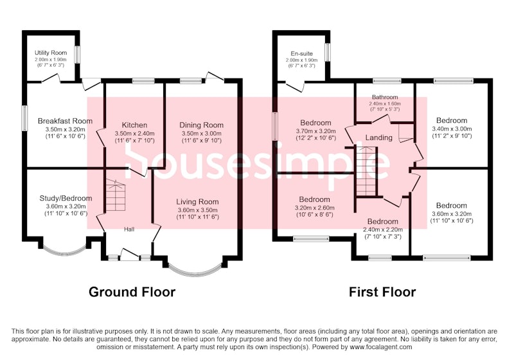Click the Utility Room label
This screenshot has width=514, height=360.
click(51, 53)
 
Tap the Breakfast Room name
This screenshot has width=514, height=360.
click(66, 121)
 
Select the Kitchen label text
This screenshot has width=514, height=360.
click(134, 125)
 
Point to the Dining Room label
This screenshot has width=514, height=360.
click(201, 125)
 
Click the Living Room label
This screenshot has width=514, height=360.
click(197, 202)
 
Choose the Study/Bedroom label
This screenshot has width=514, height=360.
click(66, 199)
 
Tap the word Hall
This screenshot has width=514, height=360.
click(129, 230)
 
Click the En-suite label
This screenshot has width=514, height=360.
click(301, 54)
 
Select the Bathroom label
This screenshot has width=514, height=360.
click(385, 97)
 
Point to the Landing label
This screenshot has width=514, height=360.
click(379, 138)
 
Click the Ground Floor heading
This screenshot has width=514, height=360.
click(132, 292)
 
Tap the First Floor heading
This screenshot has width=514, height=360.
click(382, 292)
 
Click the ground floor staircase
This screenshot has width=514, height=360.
click(116, 195)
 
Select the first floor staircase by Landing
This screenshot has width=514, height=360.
click(366, 171)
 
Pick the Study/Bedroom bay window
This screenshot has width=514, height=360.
click(65, 251)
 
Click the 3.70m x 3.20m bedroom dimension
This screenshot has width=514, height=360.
click(315, 131)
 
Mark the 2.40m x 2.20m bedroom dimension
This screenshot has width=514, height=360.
click(383, 230)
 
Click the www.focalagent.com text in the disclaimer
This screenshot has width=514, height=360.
click(381, 346)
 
